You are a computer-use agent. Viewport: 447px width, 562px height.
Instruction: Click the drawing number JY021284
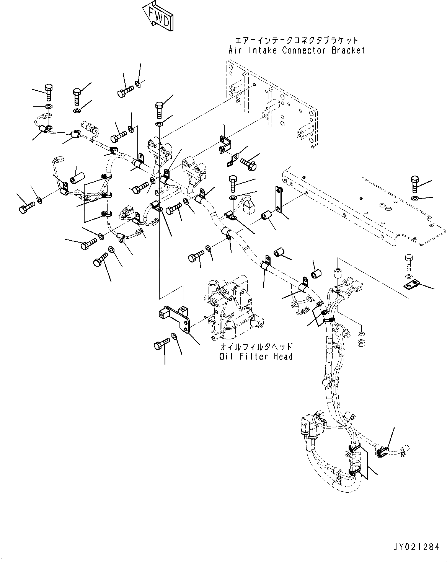coord(416,547)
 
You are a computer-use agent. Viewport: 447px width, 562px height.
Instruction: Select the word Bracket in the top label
coord(348,50)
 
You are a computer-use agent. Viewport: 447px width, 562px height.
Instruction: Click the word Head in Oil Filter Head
coord(283,357)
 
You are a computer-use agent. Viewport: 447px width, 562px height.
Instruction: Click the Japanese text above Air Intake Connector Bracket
coord(297,40)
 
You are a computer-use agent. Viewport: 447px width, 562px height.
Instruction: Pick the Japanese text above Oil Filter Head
coord(256,347)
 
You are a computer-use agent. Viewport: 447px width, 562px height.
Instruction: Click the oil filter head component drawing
coord(233,310)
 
